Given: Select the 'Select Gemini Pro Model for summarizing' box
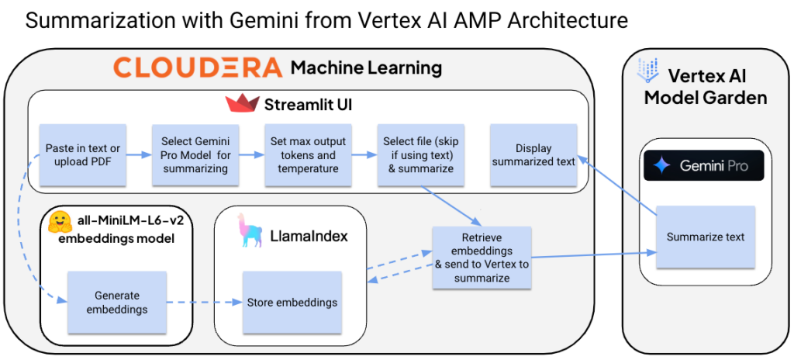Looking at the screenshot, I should pos(195,154).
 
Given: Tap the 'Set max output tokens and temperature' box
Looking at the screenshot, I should pos(308,154).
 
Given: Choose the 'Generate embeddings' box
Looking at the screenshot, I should pos(116,302).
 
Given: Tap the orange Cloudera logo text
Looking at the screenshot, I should pos(198,67).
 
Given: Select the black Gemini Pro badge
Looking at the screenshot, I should pos(703,165).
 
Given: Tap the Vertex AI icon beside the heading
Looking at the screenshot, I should pos(646,70).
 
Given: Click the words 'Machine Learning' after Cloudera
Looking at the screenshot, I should pos(366,68).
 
